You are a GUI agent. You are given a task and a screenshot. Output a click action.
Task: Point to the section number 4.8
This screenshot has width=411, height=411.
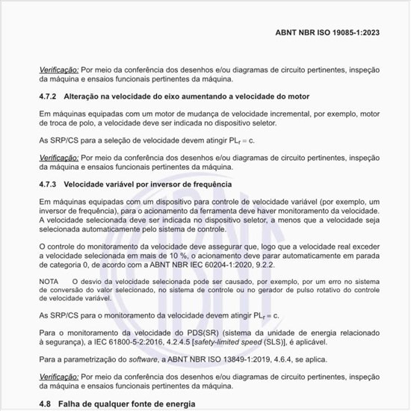point(46,404)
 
